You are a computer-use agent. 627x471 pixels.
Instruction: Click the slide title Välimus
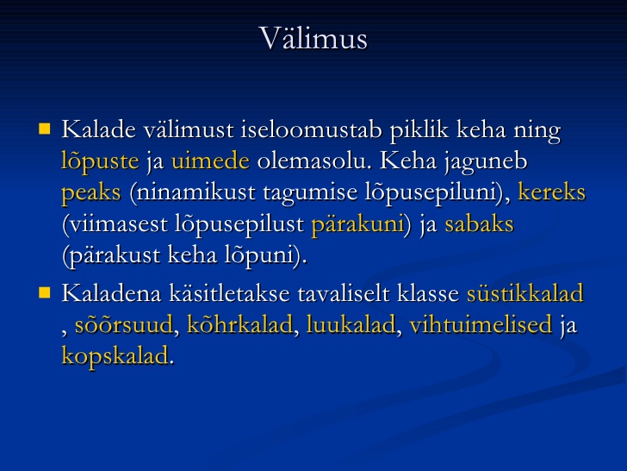click(313, 38)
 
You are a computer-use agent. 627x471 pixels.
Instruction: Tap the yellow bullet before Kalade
click(45, 129)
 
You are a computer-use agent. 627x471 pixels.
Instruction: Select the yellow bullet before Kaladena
click(45, 292)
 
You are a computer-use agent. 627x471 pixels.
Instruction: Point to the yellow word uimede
click(210, 161)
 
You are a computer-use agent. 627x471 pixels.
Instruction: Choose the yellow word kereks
click(552, 192)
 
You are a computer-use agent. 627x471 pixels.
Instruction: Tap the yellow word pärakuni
click(357, 224)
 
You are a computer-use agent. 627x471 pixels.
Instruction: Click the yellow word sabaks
click(479, 223)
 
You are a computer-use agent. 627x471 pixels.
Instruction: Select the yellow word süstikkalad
click(525, 292)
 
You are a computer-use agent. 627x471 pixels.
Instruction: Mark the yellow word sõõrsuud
click(124, 324)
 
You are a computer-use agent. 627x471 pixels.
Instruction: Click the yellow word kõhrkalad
click(240, 324)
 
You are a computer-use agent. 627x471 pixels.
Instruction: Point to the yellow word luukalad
click(351, 324)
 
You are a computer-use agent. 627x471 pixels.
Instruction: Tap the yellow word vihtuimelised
click(481, 324)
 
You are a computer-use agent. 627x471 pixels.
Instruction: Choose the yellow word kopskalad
click(115, 356)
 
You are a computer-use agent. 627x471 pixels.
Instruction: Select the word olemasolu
click(312, 161)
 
